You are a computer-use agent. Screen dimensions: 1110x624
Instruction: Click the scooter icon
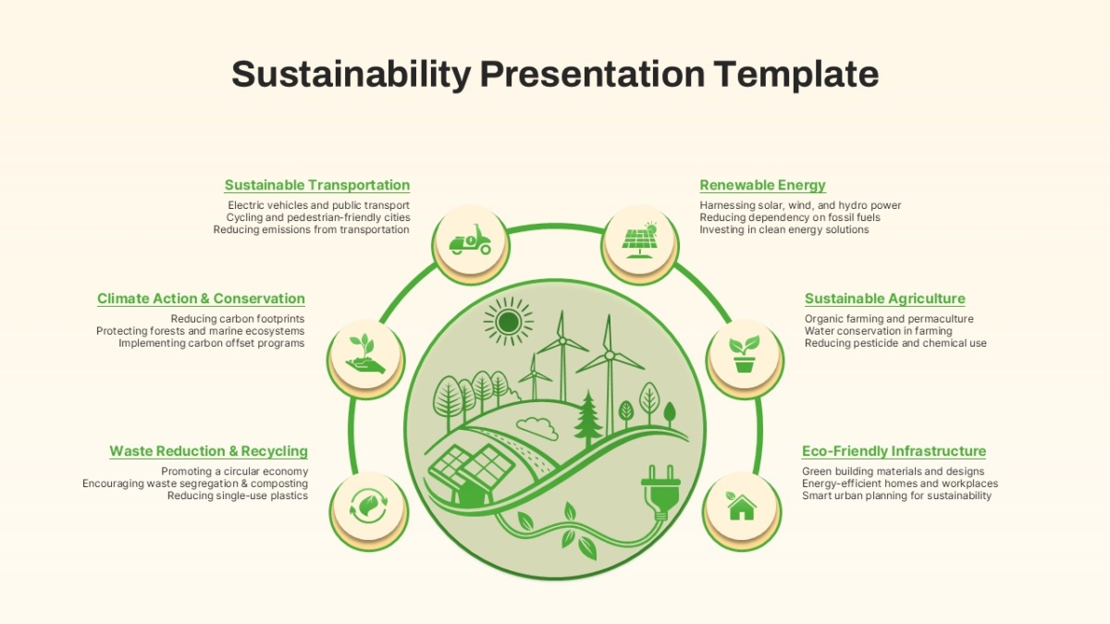[470, 239]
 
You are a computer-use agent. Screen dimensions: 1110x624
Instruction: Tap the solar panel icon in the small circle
[640, 239]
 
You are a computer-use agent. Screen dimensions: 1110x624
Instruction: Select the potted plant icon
[745, 353]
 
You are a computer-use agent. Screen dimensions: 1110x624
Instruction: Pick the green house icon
[741, 506]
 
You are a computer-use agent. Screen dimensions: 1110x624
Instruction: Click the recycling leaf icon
[368, 506]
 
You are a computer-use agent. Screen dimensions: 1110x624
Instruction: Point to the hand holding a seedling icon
[365, 353]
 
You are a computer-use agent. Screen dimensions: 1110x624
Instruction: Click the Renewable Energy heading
[762, 185]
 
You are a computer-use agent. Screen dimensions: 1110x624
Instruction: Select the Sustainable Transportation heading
[317, 185]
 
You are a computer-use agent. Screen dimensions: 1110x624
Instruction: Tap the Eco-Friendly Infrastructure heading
[894, 451]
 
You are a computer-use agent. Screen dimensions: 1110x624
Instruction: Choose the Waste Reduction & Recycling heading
[209, 451]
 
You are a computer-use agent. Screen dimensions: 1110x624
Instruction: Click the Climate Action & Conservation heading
[202, 299]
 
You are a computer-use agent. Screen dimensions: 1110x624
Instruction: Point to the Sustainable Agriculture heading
[885, 299]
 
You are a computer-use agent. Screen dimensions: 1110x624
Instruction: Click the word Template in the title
[796, 74]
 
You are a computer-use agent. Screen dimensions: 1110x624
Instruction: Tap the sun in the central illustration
[509, 323]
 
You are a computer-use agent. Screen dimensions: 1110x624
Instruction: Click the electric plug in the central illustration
[661, 493]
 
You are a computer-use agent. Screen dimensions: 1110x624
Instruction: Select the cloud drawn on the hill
[537, 428]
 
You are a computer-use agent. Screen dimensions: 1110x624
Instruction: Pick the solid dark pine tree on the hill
[588, 419]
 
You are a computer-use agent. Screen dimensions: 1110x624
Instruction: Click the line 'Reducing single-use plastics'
[238, 496]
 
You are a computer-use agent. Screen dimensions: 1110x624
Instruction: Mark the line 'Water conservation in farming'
[879, 331]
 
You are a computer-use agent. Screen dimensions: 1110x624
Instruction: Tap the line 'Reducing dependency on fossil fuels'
[790, 217]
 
